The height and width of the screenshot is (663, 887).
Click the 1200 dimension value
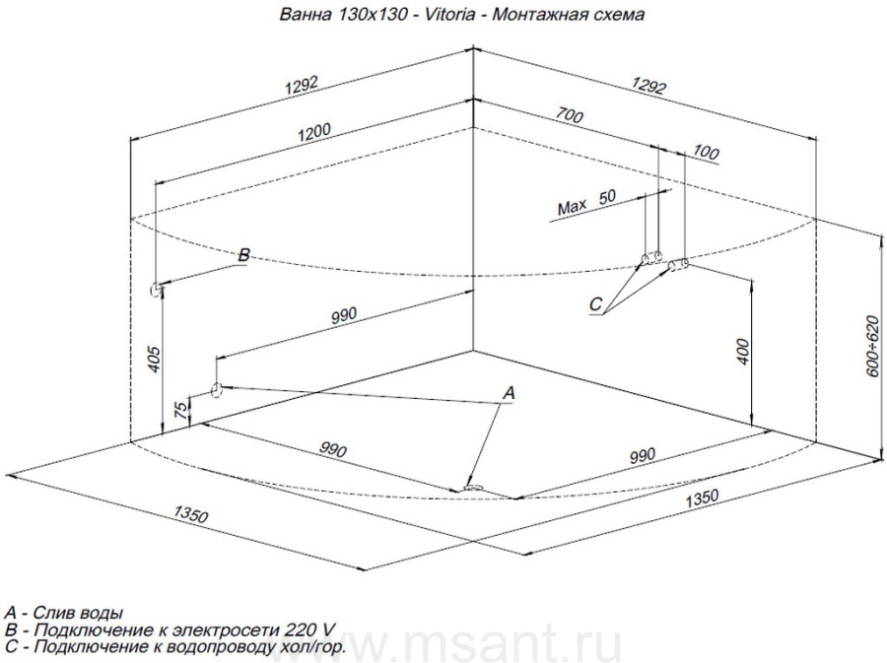[x=314, y=133]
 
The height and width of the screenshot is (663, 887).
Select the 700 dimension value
[x=569, y=115]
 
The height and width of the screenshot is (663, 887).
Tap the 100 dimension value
[x=706, y=152]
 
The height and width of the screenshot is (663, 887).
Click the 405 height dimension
[x=155, y=359]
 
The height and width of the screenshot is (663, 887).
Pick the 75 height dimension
[x=180, y=409]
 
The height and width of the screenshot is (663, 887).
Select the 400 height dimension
[x=743, y=352]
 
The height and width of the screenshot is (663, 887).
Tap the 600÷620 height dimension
[x=873, y=346]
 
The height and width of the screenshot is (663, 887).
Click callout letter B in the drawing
[x=243, y=255]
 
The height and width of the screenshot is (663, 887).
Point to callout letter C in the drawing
[x=595, y=304]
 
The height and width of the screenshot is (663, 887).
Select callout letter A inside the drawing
[x=509, y=393]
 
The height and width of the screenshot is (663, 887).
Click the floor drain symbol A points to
[x=473, y=488]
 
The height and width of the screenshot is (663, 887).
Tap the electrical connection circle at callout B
[x=155, y=290]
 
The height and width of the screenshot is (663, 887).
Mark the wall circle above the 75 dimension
[x=216, y=390]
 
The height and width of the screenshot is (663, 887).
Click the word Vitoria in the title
[x=449, y=14]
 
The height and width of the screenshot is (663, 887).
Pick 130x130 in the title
[x=373, y=14]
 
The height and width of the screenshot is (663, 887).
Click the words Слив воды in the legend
[x=78, y=613]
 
